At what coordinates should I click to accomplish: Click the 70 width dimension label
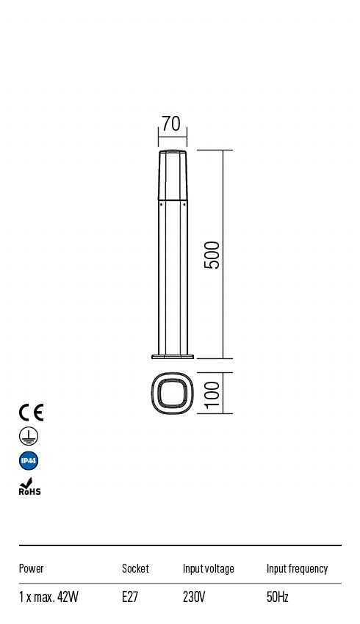pos(171,123)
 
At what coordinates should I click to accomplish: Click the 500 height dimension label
pos(212,254)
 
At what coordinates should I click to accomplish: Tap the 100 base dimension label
pos(212,394)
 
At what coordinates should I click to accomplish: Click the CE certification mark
pos(31,412)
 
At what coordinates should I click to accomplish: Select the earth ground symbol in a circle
pos(29,437)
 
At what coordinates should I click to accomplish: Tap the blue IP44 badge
pos(29,461)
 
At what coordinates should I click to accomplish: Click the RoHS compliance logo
pos(29,487)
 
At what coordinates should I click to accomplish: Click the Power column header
pos(32,568)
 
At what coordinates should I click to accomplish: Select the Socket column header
pos(135,568)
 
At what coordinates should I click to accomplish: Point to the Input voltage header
pos(209,568)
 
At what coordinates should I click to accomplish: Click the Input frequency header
pos(297,568)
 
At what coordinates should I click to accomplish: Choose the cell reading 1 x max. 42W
pos(48,597)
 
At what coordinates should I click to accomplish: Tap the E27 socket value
pos(130,597)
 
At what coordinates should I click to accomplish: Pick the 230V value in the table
pos(195,597)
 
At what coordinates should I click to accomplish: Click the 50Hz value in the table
pos(278,597)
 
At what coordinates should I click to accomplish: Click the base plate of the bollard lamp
pos(173,357)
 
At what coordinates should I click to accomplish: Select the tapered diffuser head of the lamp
pos(173,175)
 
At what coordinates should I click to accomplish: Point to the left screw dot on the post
pos(162,206)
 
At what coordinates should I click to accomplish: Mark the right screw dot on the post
pos(184,206)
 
